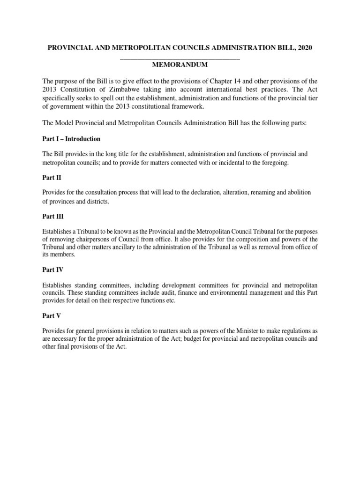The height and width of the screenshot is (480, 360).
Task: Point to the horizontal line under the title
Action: pos(180,59)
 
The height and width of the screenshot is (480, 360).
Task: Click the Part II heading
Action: pos(52,178)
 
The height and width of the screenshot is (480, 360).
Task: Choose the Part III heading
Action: pos(53,217)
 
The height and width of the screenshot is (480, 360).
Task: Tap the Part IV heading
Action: pos(53,270)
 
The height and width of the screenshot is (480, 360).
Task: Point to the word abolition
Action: pos(299,193)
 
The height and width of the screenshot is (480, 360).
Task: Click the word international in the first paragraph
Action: pos(218,90)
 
